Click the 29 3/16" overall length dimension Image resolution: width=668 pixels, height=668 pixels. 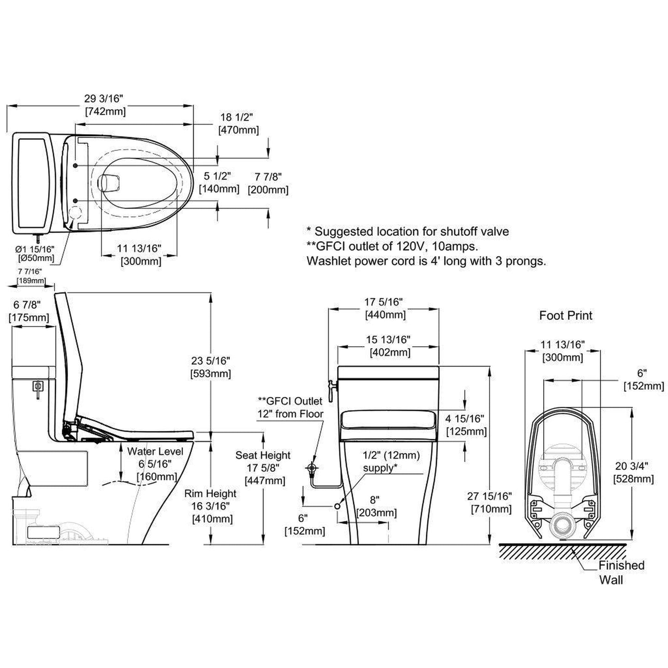(x=104, y=98)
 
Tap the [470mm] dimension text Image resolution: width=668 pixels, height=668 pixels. (x=238, y=130)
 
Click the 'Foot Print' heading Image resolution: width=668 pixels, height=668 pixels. (x=565, y=315)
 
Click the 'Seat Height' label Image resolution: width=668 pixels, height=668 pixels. (x=263, y=455)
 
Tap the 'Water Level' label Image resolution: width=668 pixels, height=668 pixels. (x=155, y=451)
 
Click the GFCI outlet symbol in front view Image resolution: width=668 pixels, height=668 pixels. (x=313, y=469)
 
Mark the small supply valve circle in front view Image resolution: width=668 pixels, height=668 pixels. (x=337, y=507)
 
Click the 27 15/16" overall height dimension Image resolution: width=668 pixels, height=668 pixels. (x=490, y=496)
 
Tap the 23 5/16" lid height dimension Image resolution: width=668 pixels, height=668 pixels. (x=210, y=361)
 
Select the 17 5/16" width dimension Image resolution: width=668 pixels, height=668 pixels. (x=383, y=302)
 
